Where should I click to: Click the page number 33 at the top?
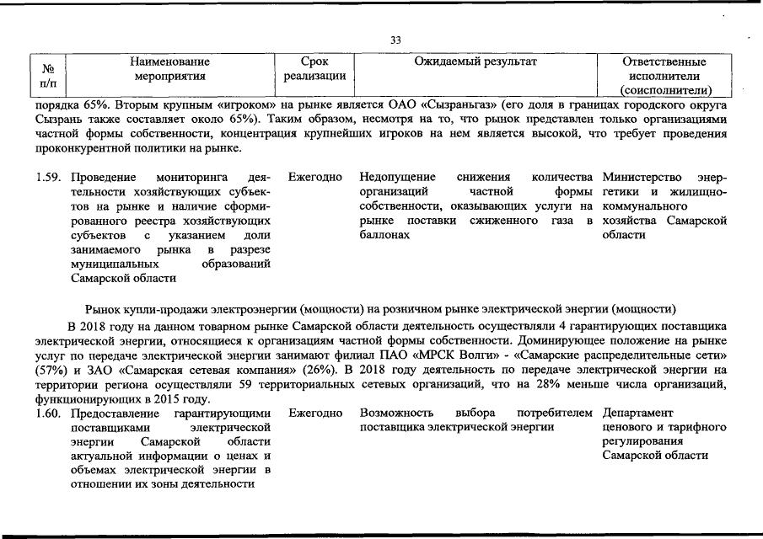[396, 40]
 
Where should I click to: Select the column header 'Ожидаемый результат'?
[476, 61]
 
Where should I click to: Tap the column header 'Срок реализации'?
[314, 69]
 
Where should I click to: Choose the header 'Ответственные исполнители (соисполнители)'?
[665, 76]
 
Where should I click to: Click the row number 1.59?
[50, 178]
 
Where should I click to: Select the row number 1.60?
[50, 414]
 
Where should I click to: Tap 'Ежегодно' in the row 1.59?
[314, 178]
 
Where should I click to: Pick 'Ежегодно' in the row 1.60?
[314, 414]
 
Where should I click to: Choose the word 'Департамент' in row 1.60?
[638, 414]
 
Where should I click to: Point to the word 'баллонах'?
[384, 235]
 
